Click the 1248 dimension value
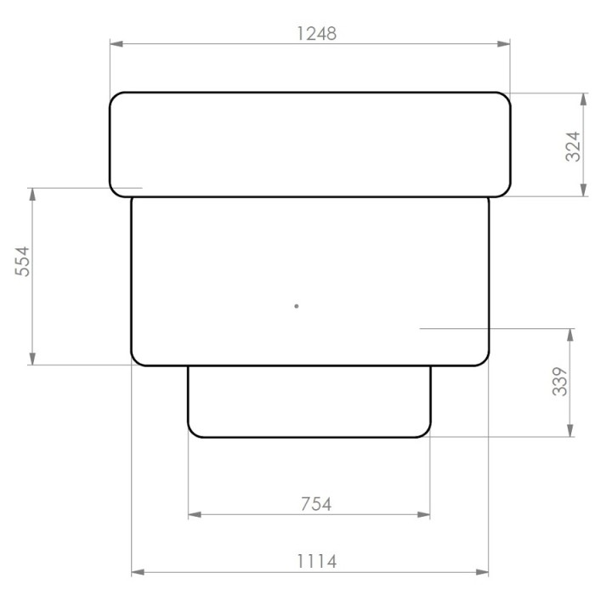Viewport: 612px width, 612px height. coord(316,33)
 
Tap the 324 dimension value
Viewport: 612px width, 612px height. coord(574,147)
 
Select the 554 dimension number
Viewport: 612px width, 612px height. coord(22,262)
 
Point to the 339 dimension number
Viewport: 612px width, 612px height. coord(560,382)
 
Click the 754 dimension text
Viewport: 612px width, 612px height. coord(316,504)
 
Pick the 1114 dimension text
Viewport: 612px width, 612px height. coord(316,562)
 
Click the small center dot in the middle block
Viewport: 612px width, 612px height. coord(297,306)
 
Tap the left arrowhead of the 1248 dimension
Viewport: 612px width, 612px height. coord(116,43)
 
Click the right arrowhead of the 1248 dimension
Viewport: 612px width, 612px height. coord(503,43)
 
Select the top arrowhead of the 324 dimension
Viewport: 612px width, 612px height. coord(583,99)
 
